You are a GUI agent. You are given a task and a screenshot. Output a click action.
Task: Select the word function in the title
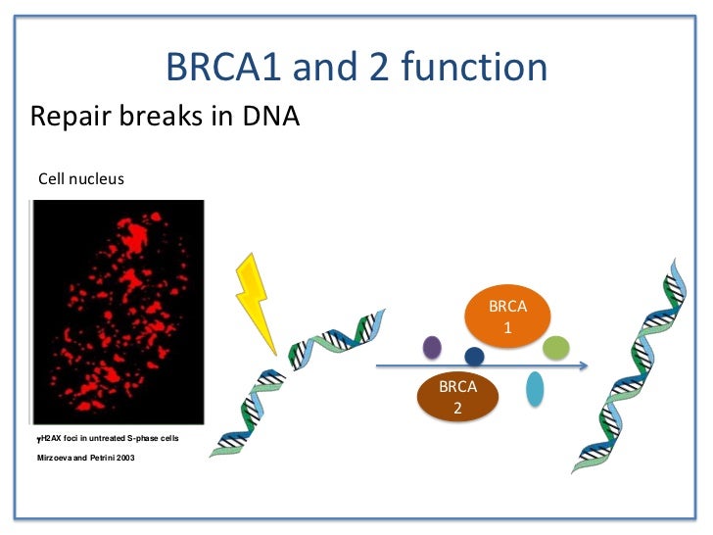coord(474,66)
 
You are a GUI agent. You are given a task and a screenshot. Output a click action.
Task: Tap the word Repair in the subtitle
coord(71,117)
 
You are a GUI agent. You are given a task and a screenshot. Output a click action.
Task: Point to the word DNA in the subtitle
coord(271,116)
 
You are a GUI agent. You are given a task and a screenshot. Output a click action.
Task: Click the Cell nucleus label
coord(81,178)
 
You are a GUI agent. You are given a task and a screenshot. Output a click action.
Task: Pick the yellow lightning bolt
coord(256,303)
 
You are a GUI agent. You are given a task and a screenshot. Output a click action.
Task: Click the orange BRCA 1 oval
coord(507,316)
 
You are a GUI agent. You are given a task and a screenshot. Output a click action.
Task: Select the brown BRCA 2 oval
coord(457,397)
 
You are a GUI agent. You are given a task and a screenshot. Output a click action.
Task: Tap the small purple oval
coord(432,347)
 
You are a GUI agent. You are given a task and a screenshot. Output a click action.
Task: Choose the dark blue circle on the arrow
coord(474,357)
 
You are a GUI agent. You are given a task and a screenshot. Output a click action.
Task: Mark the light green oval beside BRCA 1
coord(556,348)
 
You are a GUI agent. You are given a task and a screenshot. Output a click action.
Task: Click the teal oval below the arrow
coord(535,389)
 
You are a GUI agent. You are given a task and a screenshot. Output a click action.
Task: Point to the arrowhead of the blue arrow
coord(584,365)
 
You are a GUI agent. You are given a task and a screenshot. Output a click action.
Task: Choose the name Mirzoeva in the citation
coord(54,458)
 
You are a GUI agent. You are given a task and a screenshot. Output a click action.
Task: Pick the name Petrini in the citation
coord(102,458)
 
